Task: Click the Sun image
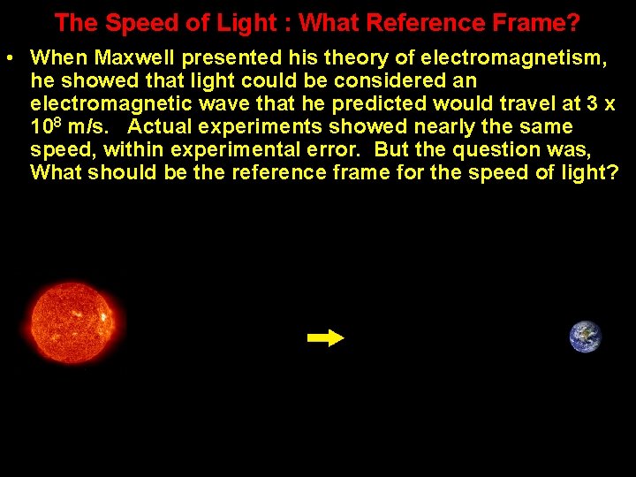[x=77, y=322]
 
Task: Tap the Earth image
[x=585, y=337]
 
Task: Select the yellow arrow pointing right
[x=325, y=338]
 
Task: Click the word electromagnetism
[x=513, y=58]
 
